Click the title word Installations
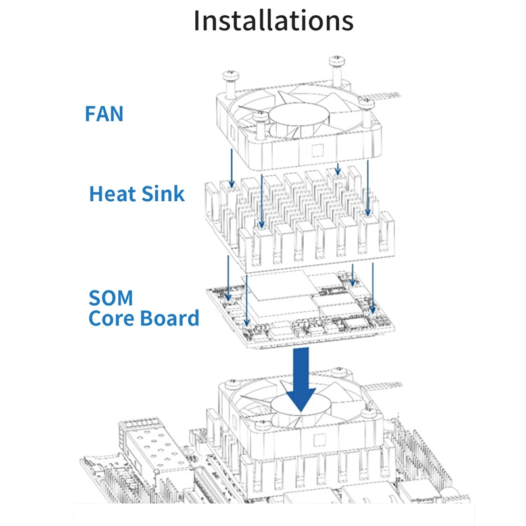tap(273, 21)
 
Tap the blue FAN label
tap(104, 113)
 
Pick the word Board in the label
tap(170, 318)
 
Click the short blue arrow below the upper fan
tap(337, 169)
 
